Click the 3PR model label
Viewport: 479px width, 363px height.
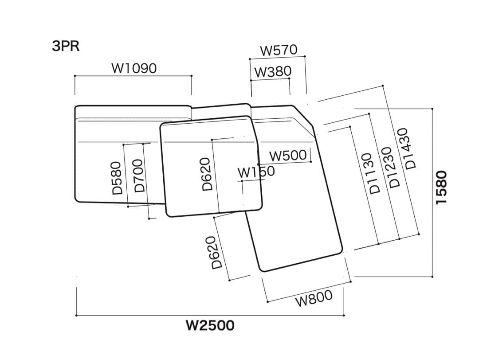(x=66, y=46)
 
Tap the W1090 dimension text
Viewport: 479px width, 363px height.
(x=133, y=68)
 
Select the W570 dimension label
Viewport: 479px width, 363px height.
(x=279, y=50)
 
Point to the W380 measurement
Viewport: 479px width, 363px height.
(x=273, y=71)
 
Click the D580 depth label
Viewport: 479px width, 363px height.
(x=117, y=178)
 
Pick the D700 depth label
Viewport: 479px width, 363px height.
(x=139, y=176)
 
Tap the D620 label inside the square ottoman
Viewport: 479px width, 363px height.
(x=207, y=174)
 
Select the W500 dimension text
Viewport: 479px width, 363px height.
(x=288, y=156)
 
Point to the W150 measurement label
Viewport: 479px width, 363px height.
(x=256, y=172)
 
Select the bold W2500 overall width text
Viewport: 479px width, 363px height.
(x=210, y=326)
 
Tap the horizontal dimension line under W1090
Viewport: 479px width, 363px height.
(x=133, y=76)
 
